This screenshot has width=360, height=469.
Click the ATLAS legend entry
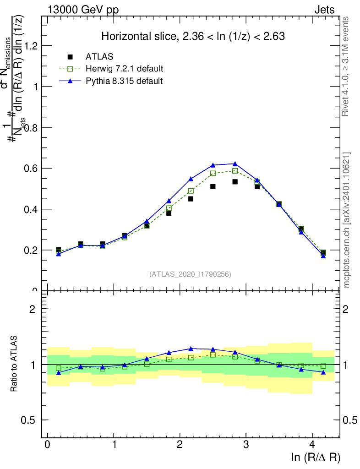99,57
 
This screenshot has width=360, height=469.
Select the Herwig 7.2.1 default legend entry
124,69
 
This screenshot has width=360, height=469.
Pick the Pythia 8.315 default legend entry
124,81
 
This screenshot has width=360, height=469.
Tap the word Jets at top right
324,10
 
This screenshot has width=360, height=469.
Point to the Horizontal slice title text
193,36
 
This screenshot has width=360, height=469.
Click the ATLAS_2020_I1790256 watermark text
190,274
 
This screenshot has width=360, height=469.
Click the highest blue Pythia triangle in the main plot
235,164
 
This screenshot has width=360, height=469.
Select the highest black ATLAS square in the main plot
235,182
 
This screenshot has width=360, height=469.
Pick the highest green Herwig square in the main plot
235,171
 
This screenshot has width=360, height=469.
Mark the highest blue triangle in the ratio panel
191,349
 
